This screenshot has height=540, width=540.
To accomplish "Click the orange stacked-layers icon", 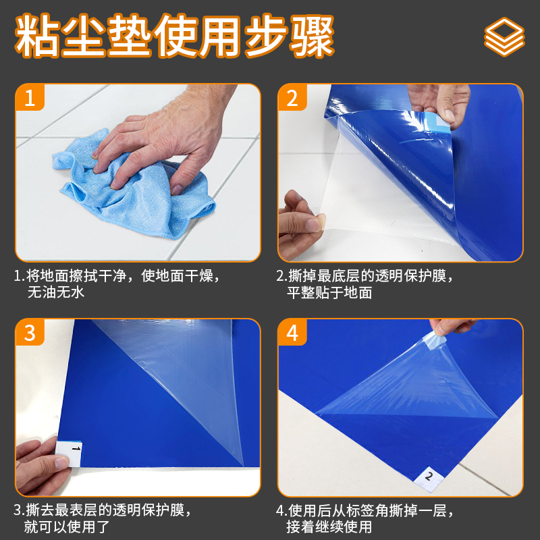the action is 504,37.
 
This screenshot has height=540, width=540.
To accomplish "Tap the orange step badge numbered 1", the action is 30,97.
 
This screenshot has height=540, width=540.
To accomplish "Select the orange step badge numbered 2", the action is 292,97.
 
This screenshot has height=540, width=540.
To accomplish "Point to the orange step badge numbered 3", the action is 30,332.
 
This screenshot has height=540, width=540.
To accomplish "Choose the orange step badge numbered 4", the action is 292,332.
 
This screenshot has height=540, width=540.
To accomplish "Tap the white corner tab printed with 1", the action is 69,454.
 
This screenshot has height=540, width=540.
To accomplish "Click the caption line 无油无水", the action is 56,293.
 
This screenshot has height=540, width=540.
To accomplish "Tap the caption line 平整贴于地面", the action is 329,293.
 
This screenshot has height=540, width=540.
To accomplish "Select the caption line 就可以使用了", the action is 66,527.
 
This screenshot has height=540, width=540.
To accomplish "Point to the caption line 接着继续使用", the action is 329,527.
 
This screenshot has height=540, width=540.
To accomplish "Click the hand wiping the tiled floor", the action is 162,138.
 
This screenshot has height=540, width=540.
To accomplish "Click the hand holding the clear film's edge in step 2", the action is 300,225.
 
